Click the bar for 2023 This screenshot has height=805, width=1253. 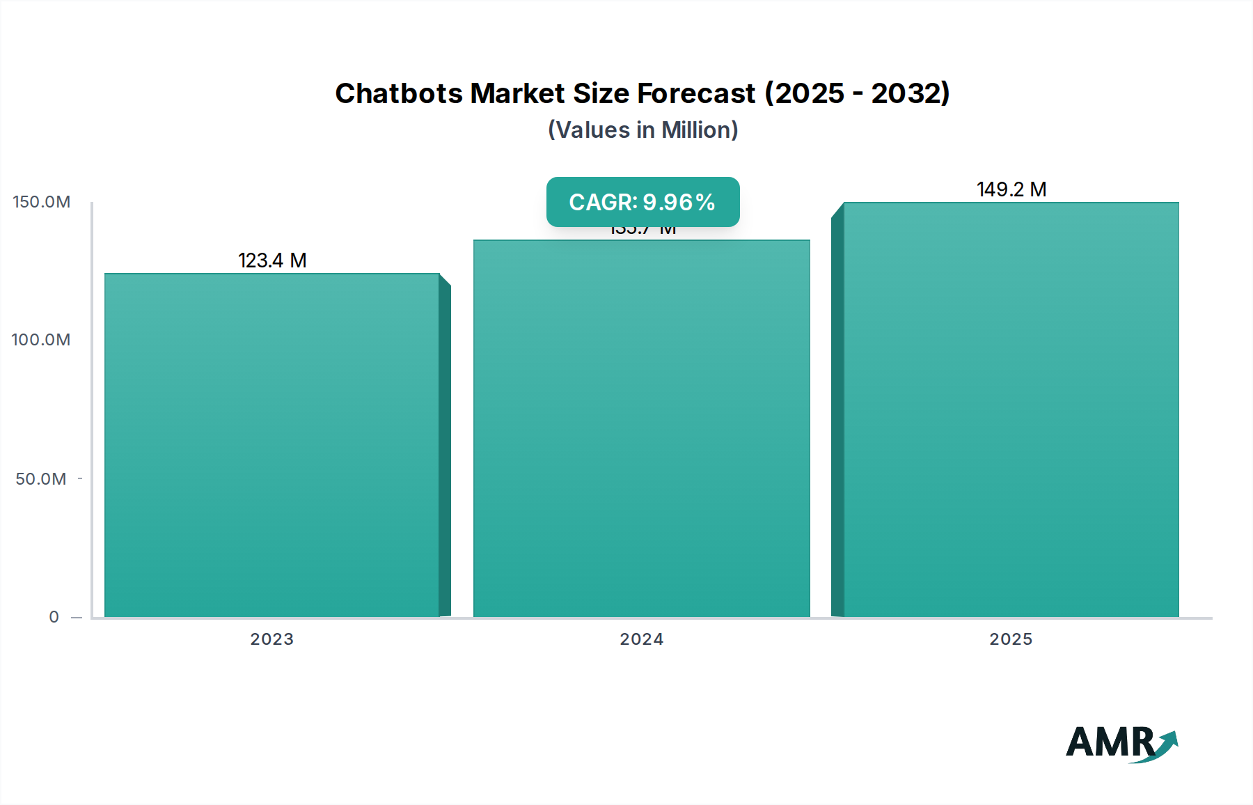272,445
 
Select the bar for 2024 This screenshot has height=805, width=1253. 641,428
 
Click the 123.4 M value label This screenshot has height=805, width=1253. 272,260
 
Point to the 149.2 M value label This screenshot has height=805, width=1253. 1011,189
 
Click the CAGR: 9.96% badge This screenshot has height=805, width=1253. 643,202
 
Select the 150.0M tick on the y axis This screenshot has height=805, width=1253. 42,202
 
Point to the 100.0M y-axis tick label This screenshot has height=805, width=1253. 41,340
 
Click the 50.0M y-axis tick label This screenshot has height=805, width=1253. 41,479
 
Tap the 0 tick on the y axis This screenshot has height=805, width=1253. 54,617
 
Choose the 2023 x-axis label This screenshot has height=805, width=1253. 272,639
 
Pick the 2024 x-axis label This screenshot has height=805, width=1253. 642,639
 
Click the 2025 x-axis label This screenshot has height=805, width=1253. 1011,639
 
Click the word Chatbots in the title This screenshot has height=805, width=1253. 399,93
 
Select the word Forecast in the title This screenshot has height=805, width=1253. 696,93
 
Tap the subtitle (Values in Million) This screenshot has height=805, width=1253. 643,130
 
